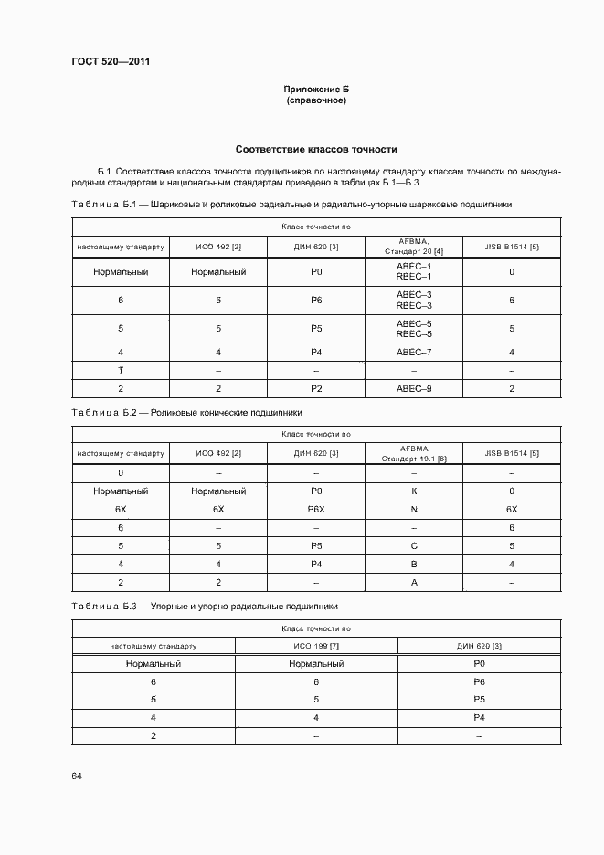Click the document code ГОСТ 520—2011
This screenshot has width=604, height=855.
tap(111, 62)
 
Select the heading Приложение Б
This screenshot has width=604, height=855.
tap(316, 89)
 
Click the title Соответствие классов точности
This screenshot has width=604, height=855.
tap(316, 149)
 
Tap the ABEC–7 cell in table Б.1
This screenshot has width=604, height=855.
tap(414, 352)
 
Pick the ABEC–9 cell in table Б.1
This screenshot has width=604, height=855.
tap(414, 389)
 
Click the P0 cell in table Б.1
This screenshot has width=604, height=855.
tap(316, 271)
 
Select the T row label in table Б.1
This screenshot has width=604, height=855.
tap(121, 370)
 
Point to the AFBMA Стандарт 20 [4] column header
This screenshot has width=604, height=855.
tap(414, 246)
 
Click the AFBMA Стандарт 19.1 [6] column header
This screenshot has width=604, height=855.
tap(414, 453)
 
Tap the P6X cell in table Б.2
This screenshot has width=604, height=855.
tap(316, 509)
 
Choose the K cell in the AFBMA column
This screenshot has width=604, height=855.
tap(414, 491)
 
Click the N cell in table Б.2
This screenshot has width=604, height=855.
tap(414, 509)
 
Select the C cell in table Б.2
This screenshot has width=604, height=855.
tap(414, 545)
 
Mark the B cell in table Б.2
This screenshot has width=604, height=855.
tap(414, 564)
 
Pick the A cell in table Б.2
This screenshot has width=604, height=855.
tap(414, 582)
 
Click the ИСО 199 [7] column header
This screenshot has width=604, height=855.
tap(316, 646)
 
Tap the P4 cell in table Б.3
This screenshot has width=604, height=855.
tap(479, 718)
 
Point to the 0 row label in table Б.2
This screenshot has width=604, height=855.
tap(121, 472)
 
